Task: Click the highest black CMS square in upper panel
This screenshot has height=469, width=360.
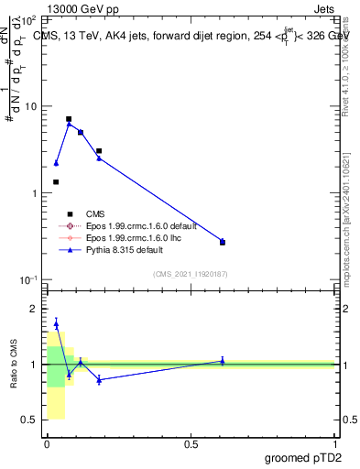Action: (69, 119)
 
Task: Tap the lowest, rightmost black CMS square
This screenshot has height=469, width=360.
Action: (223, 243)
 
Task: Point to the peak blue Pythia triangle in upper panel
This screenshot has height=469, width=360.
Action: (69, 124)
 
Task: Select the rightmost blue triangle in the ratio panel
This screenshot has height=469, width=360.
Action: (223, 361)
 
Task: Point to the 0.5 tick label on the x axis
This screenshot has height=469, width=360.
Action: (191, 443)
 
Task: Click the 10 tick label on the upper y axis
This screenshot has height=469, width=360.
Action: (31, 106)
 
